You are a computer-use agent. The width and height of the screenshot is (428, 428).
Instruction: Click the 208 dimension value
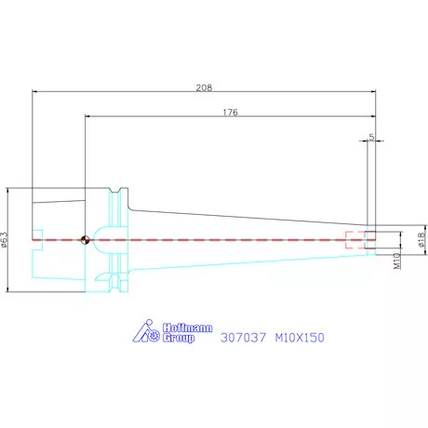click(204, 87)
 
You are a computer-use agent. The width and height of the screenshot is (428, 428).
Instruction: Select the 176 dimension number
click(231, 113)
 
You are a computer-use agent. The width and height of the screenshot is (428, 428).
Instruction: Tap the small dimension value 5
click(371, 137)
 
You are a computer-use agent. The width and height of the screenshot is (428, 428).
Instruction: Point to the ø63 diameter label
click(4, 240)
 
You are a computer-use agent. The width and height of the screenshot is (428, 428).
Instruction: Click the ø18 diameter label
click(421, 240)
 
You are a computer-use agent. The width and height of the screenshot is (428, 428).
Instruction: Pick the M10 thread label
click(397, 261)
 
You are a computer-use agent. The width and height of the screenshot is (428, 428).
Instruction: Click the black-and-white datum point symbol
click(85, 240)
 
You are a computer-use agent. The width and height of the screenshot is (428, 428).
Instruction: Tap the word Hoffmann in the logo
click(188, 328)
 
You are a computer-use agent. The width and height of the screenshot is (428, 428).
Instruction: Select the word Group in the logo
click(179, 338)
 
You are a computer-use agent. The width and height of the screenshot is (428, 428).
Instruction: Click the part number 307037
click(243, 338)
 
